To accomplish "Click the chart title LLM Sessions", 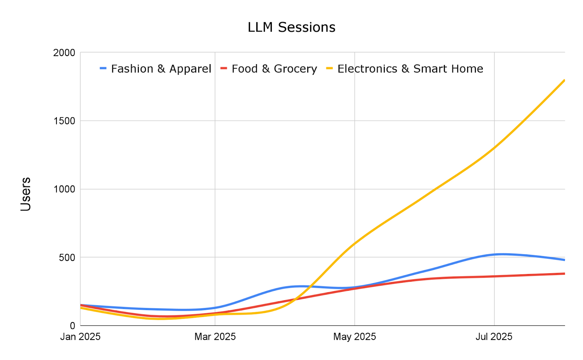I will tap(291, 27).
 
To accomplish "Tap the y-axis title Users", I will tap(26, 194).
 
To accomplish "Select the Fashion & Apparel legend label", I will tap(161, 69).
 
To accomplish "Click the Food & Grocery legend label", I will tap(274, 69).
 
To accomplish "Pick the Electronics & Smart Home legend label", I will tap(410, 69).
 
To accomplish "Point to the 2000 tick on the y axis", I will tap(64, 53).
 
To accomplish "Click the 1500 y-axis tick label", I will tap(64, 121).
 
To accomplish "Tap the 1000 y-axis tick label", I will tap(64, 189).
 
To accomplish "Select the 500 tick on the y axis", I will tap(67, 258).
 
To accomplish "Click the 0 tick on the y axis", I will tap(73, 326).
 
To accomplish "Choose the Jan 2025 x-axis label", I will tap(80, 337).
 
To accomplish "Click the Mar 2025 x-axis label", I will tap(215, 337).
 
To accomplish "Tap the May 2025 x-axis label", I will tap(355, 337).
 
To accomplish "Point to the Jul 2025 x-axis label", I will tap(494, 337).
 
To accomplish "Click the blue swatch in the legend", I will tap(103, 69).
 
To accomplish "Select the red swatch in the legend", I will tap(224, 69).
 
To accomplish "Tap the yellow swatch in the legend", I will tap(329, 69).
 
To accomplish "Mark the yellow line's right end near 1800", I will tap(564, 81).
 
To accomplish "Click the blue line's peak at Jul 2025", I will tap(501, 254).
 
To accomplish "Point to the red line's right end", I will tap(564, 274).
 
